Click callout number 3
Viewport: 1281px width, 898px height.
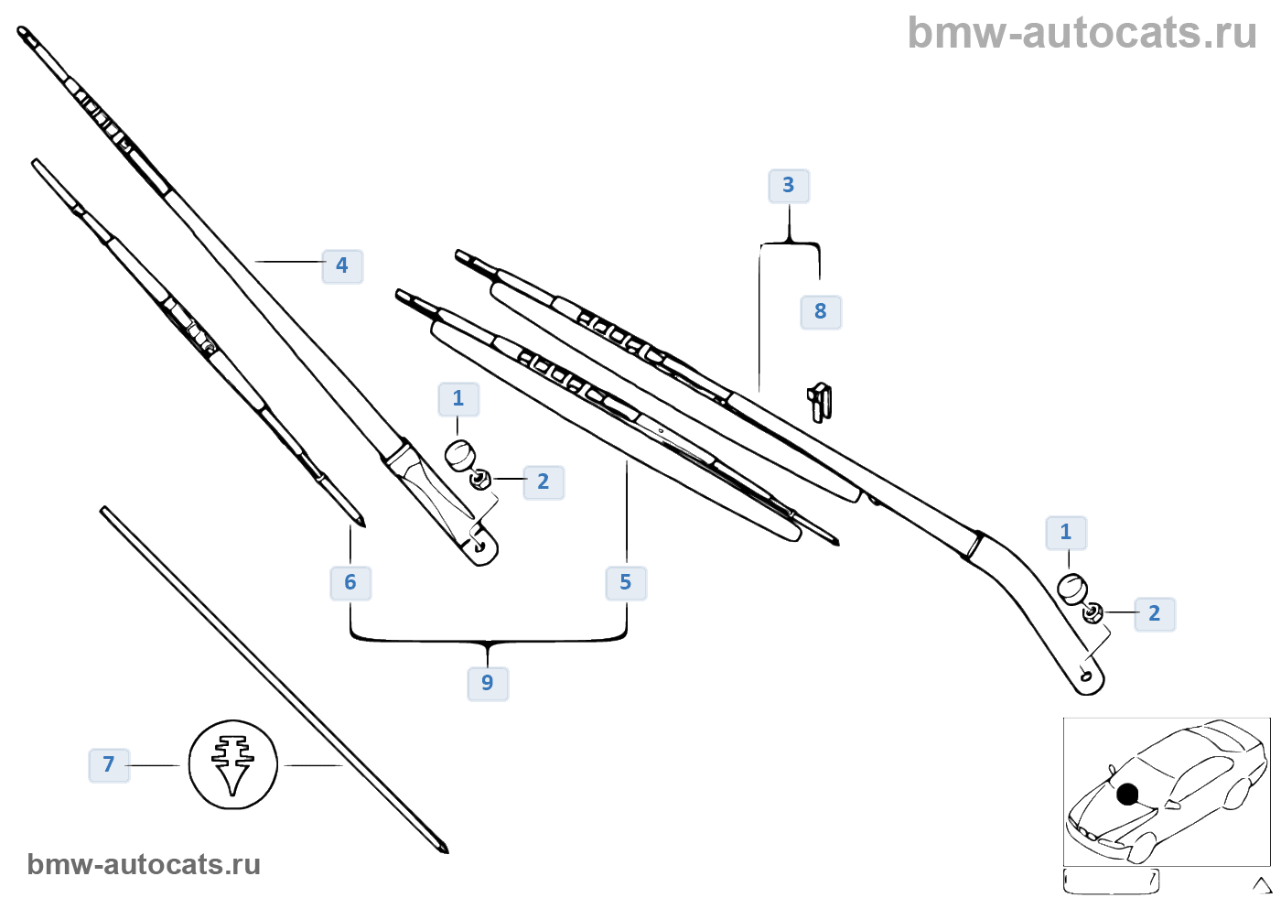(789, 186)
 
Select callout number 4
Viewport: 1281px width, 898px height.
(342, 265)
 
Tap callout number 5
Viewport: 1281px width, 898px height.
(626, 582)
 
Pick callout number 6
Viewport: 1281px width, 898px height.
(350, 582)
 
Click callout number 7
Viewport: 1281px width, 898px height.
(109, 764)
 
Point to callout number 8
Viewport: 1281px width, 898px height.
(821, 311)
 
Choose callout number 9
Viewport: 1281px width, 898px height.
(488, 683)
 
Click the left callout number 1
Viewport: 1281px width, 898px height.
(458, 399)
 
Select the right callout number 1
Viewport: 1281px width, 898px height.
(1066, 532)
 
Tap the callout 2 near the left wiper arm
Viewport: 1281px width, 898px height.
(544, 481)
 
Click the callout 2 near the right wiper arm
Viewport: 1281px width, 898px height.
(1155, 613)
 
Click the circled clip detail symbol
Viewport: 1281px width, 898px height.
(232, 764)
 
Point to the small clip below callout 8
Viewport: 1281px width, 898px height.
(820, 402)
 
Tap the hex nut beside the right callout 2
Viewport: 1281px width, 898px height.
(1093, 612)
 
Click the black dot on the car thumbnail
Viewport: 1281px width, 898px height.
(1127, 794)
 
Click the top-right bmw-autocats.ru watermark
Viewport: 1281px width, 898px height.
(1082, 34)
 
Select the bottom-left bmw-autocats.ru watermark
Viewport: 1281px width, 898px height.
(144, 864)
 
